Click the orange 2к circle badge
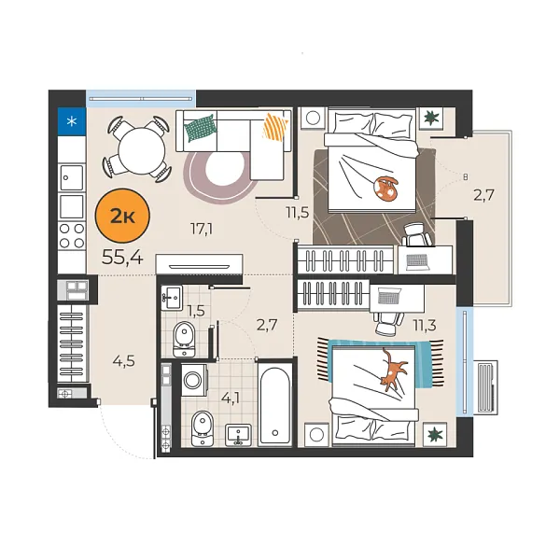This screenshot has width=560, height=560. point(120,217)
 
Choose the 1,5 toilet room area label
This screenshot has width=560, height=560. point(196,310)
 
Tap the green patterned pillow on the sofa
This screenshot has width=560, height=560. point(200,128)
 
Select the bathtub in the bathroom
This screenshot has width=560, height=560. point(276,408)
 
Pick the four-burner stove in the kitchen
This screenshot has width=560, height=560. point(72,236)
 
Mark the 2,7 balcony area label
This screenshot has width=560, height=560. point(483,195)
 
